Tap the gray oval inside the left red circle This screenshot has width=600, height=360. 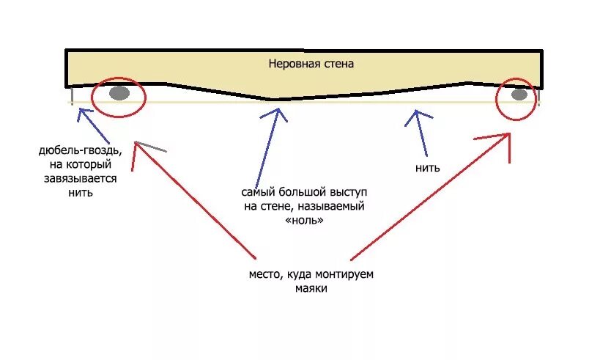[119, 93]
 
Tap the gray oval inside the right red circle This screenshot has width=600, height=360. [519, 95]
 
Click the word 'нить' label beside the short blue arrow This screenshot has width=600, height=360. [427, 168]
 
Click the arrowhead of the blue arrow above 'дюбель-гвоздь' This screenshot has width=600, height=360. [80, 110]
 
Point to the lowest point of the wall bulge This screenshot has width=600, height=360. [272, 99]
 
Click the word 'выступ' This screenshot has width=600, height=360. [345, 192]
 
